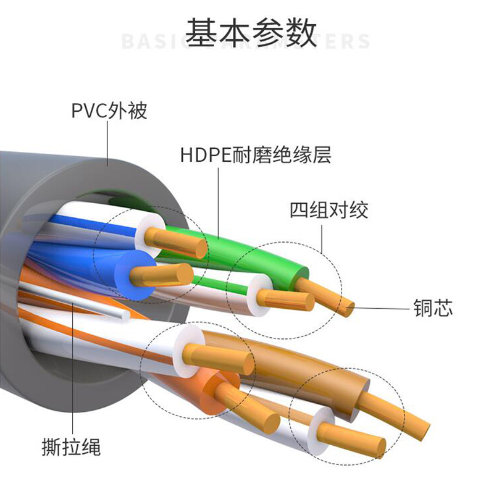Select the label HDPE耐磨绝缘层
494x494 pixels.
pos(256,154)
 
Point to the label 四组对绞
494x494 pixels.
pos(329,210)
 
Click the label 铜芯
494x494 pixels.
pos(432,308)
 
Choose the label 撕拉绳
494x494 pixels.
pos(72,446)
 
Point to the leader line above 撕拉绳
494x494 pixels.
pos(73,371)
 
